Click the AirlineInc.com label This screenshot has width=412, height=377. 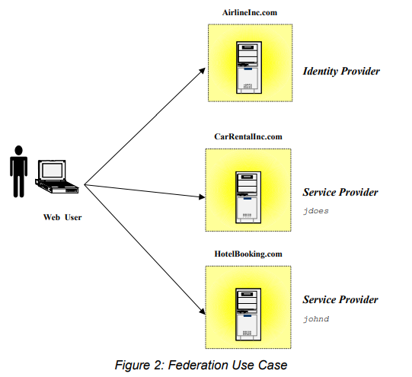click(x=250, y=14)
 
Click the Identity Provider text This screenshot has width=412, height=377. click(x=340, y=71)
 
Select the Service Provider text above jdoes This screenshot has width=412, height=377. click(x=340, y=192)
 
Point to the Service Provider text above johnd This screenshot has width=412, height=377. click(x=340, y=299)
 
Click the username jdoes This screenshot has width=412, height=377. click(x=316, y=210)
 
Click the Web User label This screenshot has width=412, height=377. click(x=62, y=217)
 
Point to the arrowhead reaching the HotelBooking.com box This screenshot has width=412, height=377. click(x=203, y=312)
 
